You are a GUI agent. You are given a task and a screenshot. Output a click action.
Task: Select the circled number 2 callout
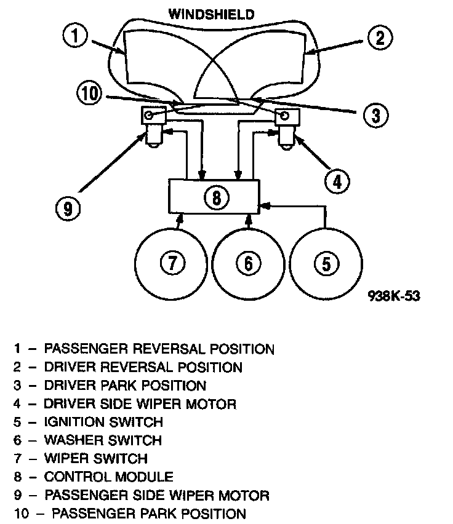click(380, 38)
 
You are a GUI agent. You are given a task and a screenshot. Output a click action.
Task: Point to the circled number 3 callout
click(376, 114)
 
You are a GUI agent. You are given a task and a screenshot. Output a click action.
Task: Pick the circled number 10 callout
click(90, 94)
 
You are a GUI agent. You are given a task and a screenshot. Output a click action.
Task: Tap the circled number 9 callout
click(68, 208)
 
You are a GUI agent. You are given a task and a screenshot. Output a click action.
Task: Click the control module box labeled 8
click(214, 197)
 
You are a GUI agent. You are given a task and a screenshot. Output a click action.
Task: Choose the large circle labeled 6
click(247, 263)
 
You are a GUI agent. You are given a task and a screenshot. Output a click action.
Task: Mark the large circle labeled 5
click(325, 263)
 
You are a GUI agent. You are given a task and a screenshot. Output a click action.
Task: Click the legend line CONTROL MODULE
click(109, 477)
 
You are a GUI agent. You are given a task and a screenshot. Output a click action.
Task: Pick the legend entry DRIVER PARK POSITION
click(125, 386)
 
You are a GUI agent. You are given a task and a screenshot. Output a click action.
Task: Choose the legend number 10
click(22, 513)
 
